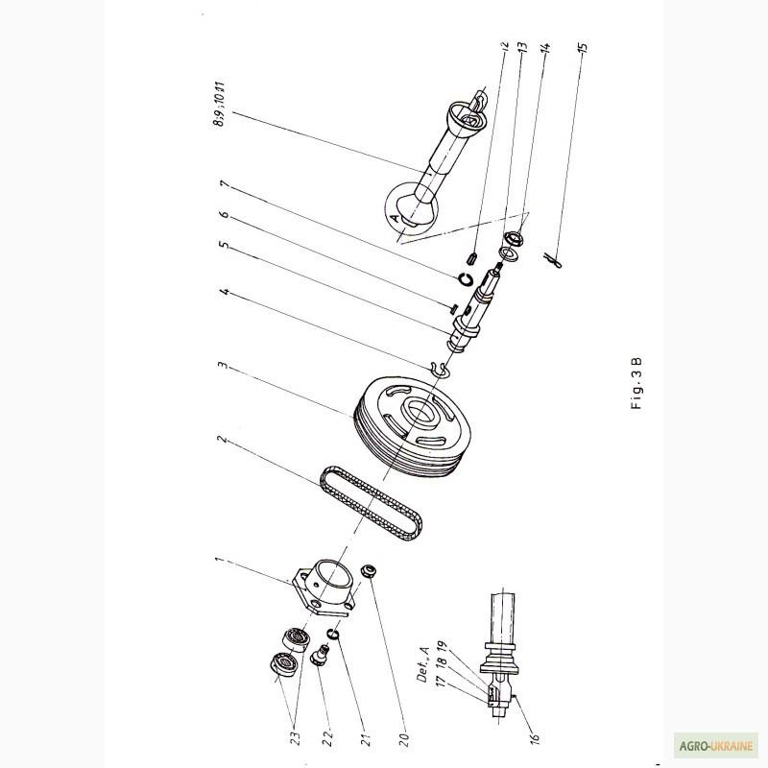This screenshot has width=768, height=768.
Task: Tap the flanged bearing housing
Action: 324,588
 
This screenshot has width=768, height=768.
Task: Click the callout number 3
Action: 223,367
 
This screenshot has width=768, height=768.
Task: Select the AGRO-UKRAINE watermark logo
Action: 715,746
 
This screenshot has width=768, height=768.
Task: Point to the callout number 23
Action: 296,738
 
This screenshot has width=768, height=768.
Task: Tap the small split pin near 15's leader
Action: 554,259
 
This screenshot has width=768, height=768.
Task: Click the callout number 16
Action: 535,737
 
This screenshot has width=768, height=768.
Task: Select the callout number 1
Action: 219,560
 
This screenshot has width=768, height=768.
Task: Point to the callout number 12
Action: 506,46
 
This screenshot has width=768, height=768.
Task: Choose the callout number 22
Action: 328,738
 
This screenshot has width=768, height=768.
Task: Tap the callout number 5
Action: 225,245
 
